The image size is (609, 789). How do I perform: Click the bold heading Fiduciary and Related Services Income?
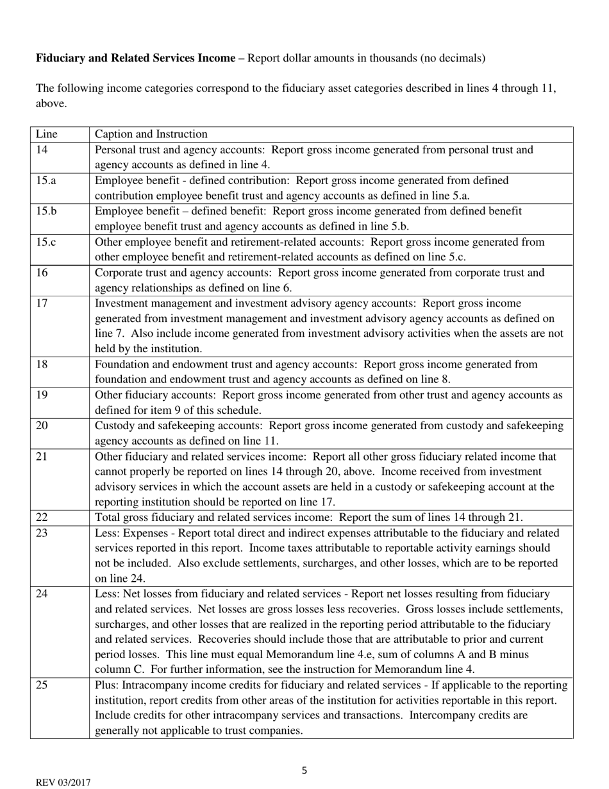135,58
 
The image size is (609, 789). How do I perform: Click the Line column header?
46,134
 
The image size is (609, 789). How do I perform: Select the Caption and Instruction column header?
151,134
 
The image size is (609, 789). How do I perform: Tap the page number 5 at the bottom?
304,770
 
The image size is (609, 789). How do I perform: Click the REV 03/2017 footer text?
63,783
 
